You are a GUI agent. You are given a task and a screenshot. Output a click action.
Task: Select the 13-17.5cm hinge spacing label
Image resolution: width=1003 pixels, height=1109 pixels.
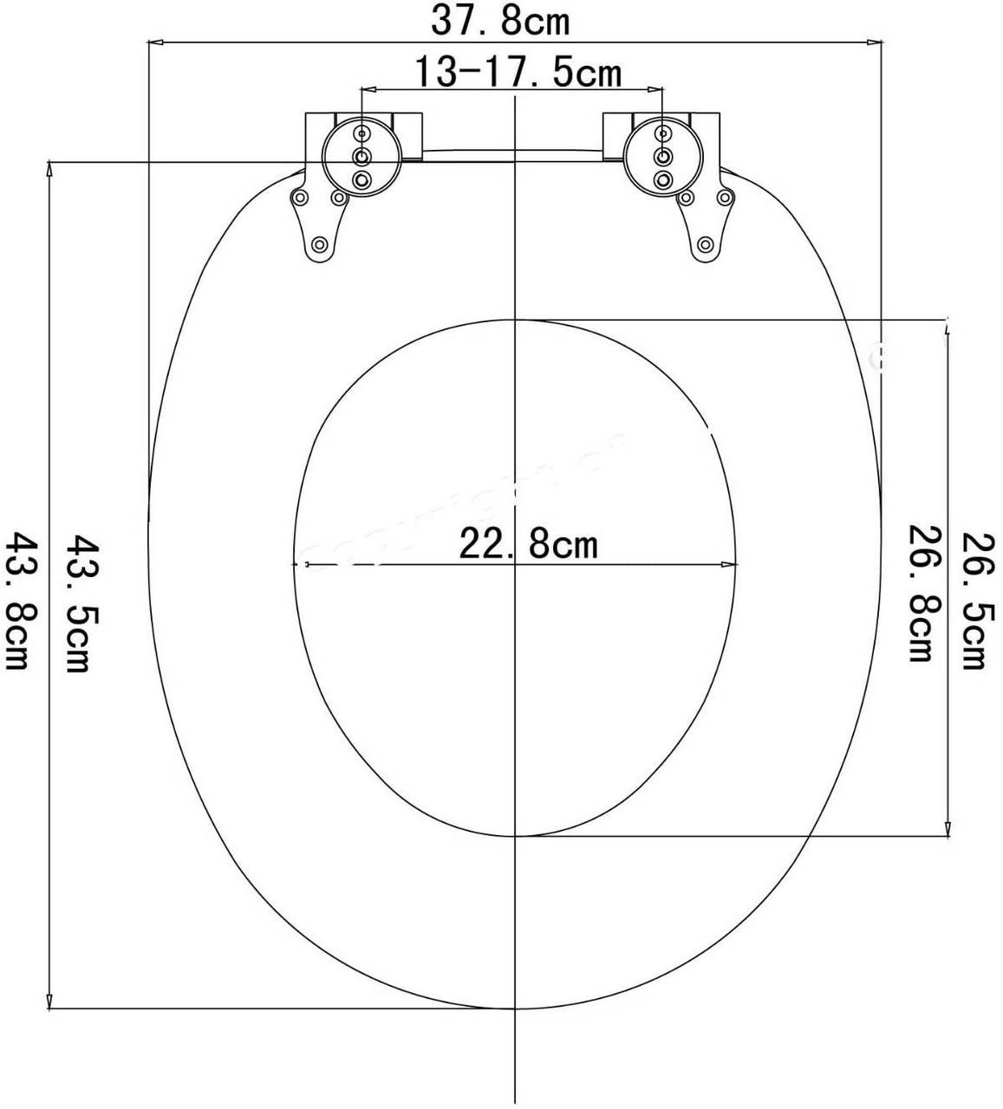[517, 73]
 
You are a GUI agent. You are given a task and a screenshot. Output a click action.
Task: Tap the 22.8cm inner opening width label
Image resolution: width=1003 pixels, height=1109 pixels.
[528, 545]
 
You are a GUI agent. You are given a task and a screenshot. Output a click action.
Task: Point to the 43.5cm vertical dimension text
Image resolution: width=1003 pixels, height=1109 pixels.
[80, 604]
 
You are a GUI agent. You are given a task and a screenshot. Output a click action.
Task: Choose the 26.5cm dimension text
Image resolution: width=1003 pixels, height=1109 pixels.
[973, 600]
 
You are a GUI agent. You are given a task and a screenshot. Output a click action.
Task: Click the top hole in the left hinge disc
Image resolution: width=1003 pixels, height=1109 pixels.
[361, 133]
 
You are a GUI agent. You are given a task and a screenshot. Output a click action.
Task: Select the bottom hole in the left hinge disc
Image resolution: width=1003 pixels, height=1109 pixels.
[361, 180]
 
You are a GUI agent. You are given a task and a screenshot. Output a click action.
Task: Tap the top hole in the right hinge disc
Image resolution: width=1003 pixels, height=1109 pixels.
[663, 133]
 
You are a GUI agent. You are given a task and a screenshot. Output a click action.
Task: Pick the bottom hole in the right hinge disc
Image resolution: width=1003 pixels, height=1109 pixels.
[663, 180]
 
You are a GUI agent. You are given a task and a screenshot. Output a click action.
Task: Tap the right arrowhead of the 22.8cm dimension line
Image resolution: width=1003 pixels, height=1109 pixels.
[732, 565]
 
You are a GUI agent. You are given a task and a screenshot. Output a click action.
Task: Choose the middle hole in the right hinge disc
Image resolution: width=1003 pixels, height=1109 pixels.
[663, 156]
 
